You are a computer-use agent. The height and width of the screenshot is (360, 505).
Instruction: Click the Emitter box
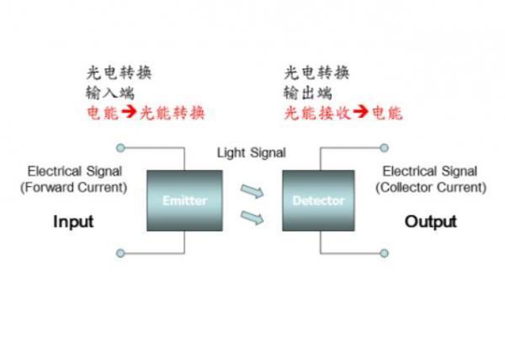(x=184, y=200)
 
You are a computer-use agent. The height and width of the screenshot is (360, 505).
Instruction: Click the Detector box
(x=318, y=200)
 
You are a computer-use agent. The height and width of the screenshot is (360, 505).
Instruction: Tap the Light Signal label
(x=252, y=152)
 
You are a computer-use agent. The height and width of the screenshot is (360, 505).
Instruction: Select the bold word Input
(x=73, y=222)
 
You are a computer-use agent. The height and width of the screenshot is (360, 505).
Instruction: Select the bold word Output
(x=431, y=222)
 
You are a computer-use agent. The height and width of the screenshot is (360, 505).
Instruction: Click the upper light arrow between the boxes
(x=252, y=189)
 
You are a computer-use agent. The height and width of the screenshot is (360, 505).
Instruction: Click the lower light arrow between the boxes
(x=252, y=218)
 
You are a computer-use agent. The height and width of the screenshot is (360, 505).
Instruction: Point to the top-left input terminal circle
(x=120, y=148)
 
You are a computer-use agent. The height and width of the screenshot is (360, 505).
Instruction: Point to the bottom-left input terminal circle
(x=120, y=251)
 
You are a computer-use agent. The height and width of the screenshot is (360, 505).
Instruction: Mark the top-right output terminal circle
(x=385, y=148)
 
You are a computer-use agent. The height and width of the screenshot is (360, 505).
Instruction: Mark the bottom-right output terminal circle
(x=385, y=251)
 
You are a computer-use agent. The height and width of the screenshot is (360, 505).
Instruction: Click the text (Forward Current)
(x=73, y=187)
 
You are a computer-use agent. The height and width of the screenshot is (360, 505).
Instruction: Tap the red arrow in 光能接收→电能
(x=359, y=112)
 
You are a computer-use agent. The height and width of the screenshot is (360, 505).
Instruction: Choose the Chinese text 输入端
(x=108, y=93)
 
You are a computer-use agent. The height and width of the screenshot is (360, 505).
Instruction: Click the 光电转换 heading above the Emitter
(x=119, y=72)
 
